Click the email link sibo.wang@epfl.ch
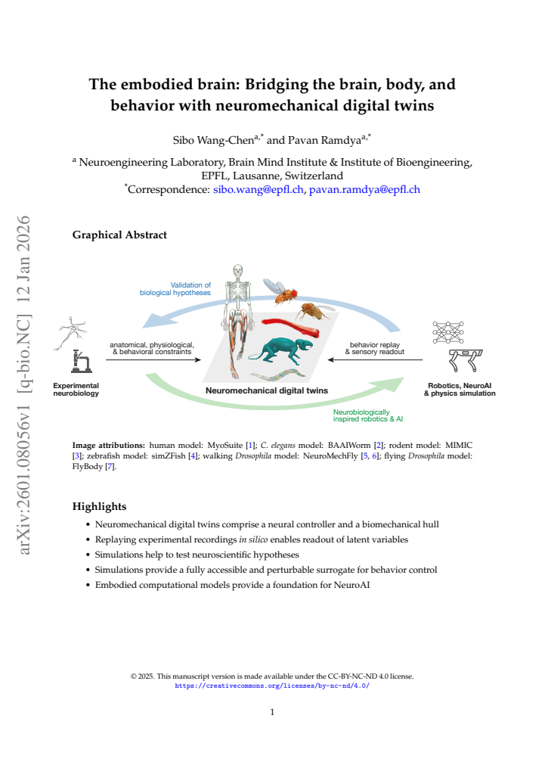click(x=258, y=190)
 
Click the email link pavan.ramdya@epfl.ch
click(x=364, y=190)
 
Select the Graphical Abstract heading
click(x=119, y=235)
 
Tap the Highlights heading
click(x=99, y=506)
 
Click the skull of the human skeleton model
click(x=238, y=271)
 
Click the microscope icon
click(x=81, y=362)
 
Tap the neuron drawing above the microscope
click(x=70, y=333)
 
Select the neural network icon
click(x=448, y=332)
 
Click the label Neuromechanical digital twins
click(x=267, y=391)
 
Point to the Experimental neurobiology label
click(x=76, y=390)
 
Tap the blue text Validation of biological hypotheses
click(x=175, y=288)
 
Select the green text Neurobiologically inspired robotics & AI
click(x=368, y=415)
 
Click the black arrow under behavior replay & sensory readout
click(x=376, y=360)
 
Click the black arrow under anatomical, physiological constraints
click(x=153, y=360)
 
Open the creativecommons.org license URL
click(x=272, y=686)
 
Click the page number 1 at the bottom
click(x=272, y=712)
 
